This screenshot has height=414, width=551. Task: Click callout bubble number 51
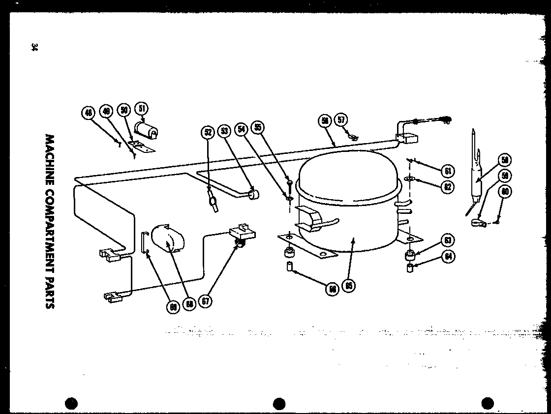(143, 109)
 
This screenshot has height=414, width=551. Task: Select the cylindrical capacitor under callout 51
(147, 130)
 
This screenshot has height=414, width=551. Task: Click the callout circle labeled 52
(208, 132)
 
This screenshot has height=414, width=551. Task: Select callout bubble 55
(257, 127)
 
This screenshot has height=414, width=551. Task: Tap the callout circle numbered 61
(448, 171)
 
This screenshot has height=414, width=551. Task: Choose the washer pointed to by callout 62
(408, 178)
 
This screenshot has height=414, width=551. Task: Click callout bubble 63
(448, 240)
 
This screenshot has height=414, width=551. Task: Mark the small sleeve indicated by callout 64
(409, 268)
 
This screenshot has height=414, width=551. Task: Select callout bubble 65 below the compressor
(348, 286)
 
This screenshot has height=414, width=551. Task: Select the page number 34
(34, 47)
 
